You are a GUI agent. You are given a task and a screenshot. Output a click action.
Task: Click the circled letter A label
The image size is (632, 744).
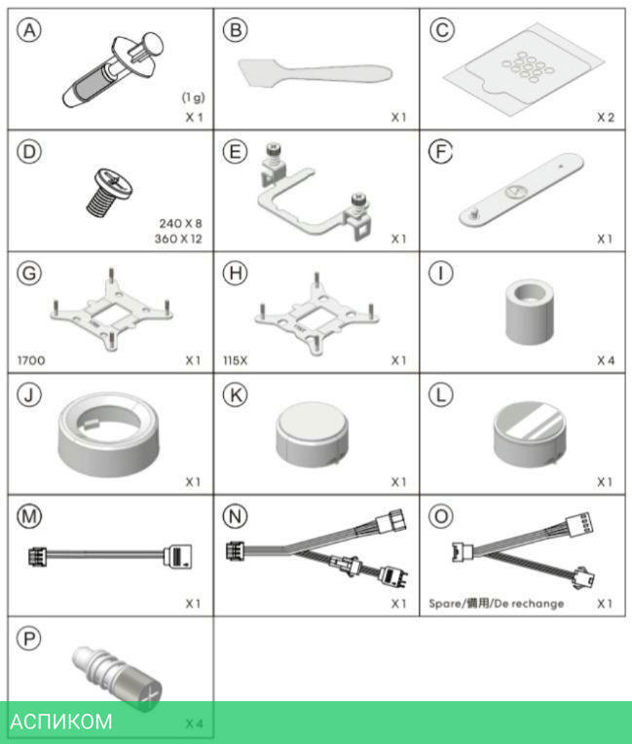(x=29, y=31)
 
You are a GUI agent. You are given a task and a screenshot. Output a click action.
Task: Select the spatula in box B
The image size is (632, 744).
(x=316, y=74)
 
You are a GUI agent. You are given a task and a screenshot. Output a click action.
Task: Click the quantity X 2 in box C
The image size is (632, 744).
(x=606, y=117)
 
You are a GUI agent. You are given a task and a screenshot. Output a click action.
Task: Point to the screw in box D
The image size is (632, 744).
(x=109, y=192)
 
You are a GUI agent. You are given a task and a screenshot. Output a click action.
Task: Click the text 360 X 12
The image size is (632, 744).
(x=178, y=239)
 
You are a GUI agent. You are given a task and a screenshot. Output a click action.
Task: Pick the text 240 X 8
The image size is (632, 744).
(x=180, y=223)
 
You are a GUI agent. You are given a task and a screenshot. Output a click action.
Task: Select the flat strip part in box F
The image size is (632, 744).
(x=521, y=189)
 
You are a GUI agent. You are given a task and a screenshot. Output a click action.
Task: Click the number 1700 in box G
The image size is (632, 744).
(x=31, y=360)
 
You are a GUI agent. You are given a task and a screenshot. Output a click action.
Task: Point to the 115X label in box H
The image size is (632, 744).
(x=236, y=360)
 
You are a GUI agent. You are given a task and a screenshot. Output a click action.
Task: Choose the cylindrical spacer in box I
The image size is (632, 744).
(x=530, y=312)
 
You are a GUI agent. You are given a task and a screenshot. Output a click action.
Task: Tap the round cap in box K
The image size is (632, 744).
(x=313, y=433)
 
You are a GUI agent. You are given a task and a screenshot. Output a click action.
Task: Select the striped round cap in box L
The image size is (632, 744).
(x=530, y=433)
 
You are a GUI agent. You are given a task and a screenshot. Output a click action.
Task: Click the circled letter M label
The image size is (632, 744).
(x=29, y=516)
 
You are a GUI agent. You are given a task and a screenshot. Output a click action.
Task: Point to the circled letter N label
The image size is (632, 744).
(x=236, y=516)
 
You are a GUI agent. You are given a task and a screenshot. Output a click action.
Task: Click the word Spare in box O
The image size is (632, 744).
(x=445, y=604)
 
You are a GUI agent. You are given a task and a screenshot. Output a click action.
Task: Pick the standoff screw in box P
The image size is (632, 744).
(x=117, y=677)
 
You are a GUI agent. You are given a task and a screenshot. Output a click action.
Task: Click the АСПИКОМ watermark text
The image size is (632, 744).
(x=61, y=722)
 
